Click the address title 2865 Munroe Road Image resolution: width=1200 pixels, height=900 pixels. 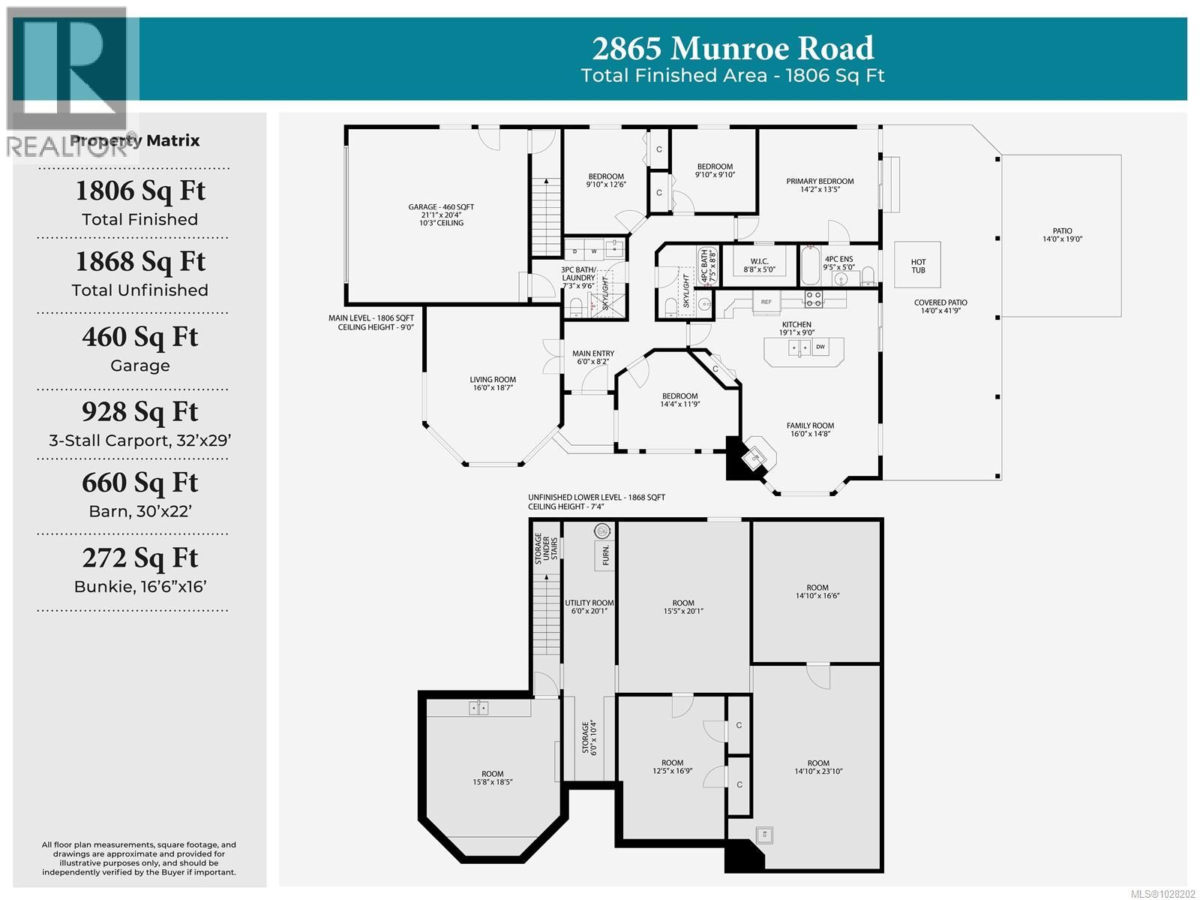click(x=733, y=48)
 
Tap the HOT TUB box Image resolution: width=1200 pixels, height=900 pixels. click(x=918, y=266)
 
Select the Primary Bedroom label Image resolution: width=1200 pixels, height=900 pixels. click(x=820, y=185)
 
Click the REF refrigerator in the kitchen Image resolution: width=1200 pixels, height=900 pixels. click(x=766, y=302)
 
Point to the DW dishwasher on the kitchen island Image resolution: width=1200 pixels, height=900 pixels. click(x=820, y=347)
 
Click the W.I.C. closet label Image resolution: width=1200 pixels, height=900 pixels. click(x=759, y=265)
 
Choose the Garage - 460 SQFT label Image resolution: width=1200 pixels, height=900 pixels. click(x=441, y=214)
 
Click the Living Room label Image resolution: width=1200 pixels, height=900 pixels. click(x=493, y=384)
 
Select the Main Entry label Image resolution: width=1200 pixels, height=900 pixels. click(x=593, y=357)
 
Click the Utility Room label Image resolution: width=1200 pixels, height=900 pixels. click(x=589, y=607)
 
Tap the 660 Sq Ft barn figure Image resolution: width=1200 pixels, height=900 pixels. click(x=140, y=483)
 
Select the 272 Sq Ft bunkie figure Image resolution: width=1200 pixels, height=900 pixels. click(x=140, y=558)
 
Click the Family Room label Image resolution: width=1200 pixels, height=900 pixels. click(x=810, y=429)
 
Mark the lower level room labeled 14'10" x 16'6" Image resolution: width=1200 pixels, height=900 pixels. click(x=817, y=591)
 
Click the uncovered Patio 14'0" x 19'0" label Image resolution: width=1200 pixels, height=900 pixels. click(x=1062, y=235)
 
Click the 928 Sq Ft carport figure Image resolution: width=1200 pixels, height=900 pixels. click(x=140, y=411)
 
